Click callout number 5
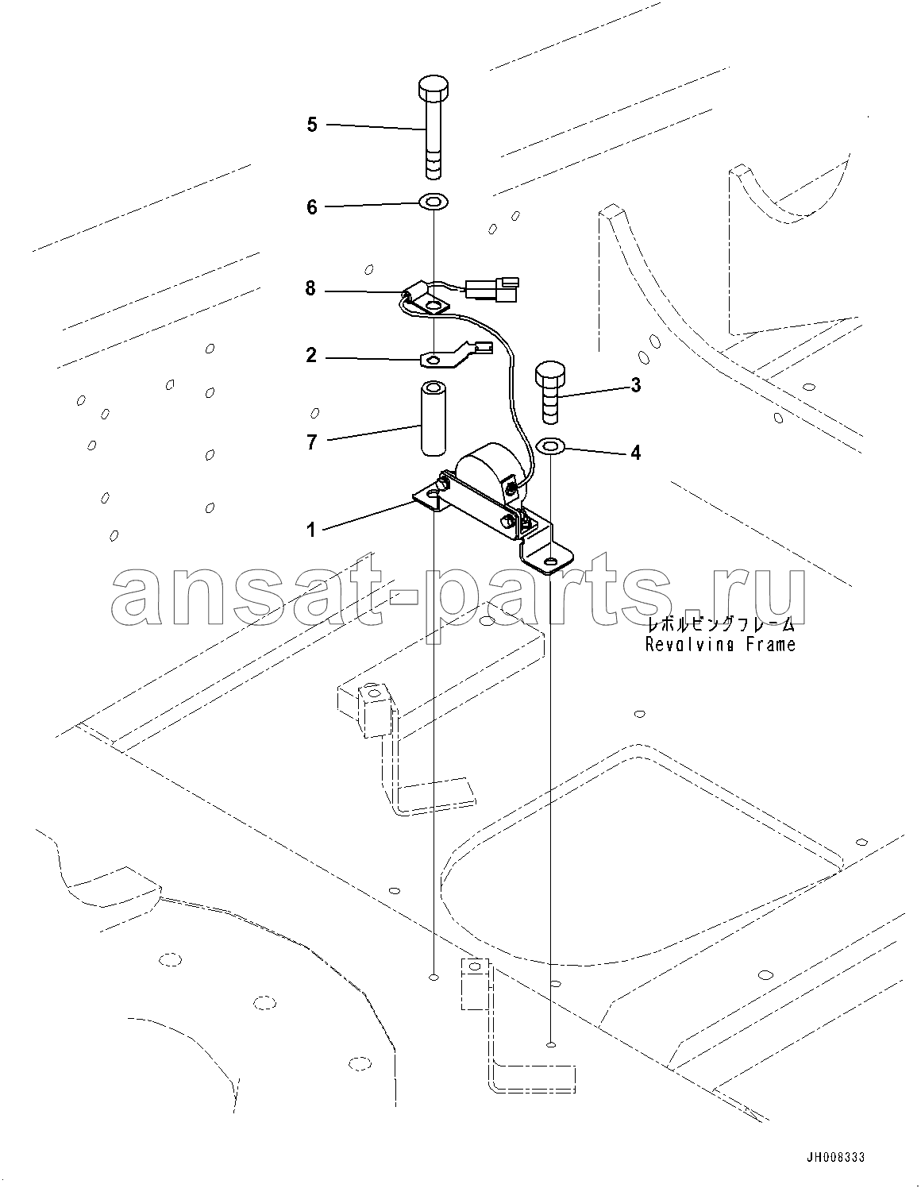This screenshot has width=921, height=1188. click(x=311, y=125)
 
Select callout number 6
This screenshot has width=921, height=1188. click(x=311, y=207)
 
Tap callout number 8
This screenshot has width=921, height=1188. click(x=310, y=288)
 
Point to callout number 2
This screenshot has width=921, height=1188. click(x=311, y=356)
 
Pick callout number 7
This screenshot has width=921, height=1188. click(x=311, y=442)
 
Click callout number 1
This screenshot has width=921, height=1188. click(x=311, y=529)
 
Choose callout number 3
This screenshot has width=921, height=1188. click(x=636, y=385)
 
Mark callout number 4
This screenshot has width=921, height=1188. click(x=636, y=453)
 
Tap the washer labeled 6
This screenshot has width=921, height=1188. click(x=433, y=202)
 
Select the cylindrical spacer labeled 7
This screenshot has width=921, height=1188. click(x=434, y=419)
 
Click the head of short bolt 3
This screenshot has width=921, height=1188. click(x=550, y=372)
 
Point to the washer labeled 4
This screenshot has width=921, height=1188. click(x=550, y=446)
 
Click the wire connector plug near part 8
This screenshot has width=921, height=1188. click(x=492, y=287)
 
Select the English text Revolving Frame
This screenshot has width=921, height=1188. click(x=720, y=645)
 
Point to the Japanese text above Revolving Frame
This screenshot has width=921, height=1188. click(x=720, y=624)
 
